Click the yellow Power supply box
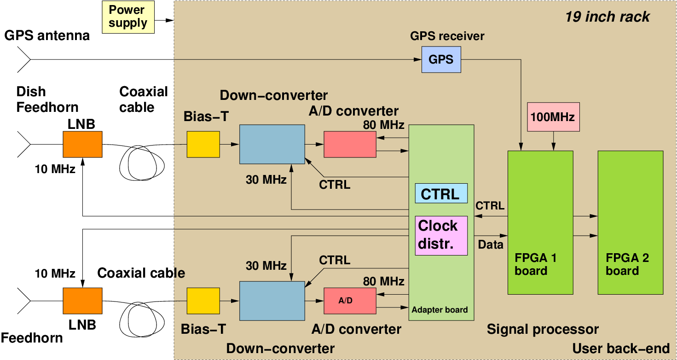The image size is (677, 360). tap(128, 17)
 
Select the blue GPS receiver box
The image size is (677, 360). tap(441, 59)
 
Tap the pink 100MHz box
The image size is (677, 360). tap(553, 117)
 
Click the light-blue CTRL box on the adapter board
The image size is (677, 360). tap(441, 193)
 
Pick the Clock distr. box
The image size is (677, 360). tap(441, 235)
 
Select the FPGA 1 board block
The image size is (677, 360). tap(540, 222)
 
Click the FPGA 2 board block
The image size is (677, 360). tap(630, 222)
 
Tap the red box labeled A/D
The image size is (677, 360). tap(350, 301)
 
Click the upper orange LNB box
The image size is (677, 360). tap(82, 144)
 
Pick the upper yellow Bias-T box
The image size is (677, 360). tap(203, 144)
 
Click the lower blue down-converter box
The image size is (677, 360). tap(272, 301)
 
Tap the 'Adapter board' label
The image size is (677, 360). tap(440, 310)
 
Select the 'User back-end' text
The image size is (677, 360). tap(621, 348)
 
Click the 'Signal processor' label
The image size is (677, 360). tap(543, 329)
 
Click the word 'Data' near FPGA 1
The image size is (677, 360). tap(491, 244)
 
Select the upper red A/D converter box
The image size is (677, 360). tap(350, 144)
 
